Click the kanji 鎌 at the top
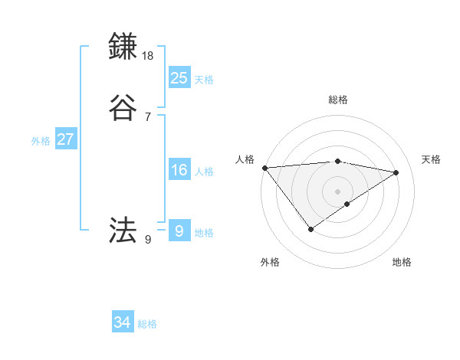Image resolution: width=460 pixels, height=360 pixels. click(x=124, y=47)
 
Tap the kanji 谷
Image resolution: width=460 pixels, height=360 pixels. click(x=124, y=108)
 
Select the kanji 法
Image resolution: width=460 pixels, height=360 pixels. click(x=124, y=230)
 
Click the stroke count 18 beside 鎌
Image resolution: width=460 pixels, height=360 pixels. click(x=149, y=56)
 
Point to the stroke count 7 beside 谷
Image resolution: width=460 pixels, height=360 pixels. click(x=148, y=117)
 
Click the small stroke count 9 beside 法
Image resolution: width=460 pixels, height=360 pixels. click(x=148, y=240)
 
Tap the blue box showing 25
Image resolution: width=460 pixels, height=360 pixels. click(x=179, y=77)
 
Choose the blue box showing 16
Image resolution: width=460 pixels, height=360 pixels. click(x=179, y=170)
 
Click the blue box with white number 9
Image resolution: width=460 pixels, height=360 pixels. click(x=179, y=231)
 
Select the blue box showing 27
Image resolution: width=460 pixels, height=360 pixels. click(x=66, y=139)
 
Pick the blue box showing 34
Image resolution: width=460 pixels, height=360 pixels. click(x=123, y=322)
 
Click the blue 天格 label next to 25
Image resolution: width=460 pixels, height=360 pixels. click(x=204, y=80)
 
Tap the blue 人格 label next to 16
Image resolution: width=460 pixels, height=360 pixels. click(x=204, y=172)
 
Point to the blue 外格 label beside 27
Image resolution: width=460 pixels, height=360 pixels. click(x=41, y=141)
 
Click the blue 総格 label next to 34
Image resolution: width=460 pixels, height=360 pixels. click(x=147, y=324)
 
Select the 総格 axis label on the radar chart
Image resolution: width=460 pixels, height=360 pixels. click(x=338, y=100)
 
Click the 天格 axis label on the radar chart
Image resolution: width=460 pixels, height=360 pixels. click(x=432, y=159)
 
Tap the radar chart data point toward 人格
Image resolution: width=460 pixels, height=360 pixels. click(x=264, y=167)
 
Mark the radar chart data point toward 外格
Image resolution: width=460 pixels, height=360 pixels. click(x=310, y=229)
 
